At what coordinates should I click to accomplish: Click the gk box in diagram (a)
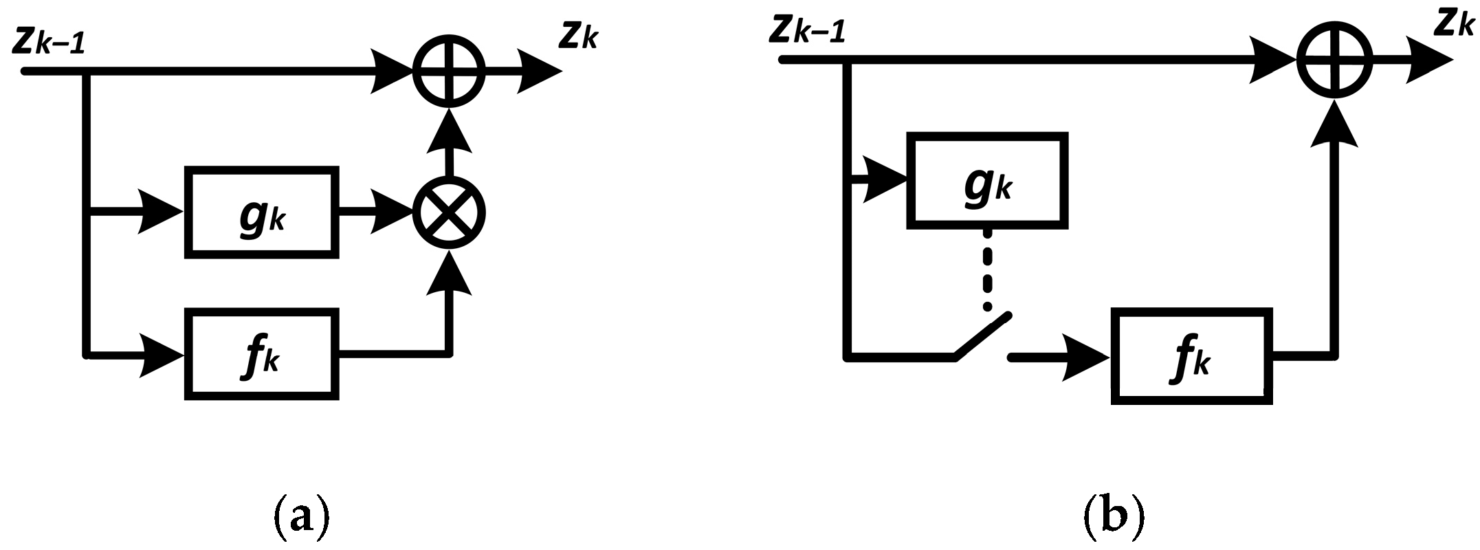(x=262, y=212)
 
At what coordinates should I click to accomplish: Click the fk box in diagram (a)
(x=262, y=355)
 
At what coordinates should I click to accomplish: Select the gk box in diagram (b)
(x=987, y=181)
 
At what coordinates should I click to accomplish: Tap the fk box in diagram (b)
(x=1192, y=355)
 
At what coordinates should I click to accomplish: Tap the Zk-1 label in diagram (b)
(x=808, y=30)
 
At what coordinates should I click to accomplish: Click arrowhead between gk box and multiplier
(x=392, y=212)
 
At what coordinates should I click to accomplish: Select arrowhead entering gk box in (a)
(x=162, y=212)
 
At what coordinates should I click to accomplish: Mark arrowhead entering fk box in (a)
(x=162, y=355)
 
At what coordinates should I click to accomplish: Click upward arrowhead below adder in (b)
(x=1334, y=124)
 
